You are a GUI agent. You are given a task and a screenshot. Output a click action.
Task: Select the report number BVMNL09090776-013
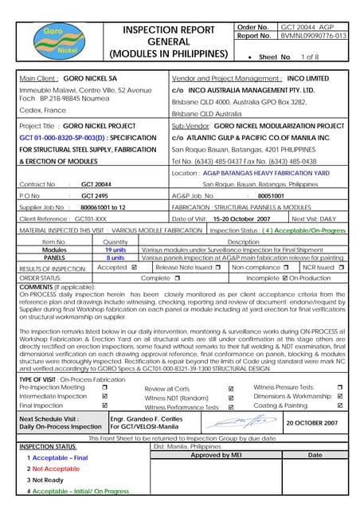313,37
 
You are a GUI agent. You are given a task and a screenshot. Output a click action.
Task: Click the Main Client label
39,79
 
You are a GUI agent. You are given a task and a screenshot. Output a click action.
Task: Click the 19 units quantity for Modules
115,249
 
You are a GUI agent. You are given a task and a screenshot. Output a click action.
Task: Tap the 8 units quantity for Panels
115,257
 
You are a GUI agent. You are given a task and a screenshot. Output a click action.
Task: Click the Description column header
243,241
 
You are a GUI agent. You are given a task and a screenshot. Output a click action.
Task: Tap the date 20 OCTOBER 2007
311,423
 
